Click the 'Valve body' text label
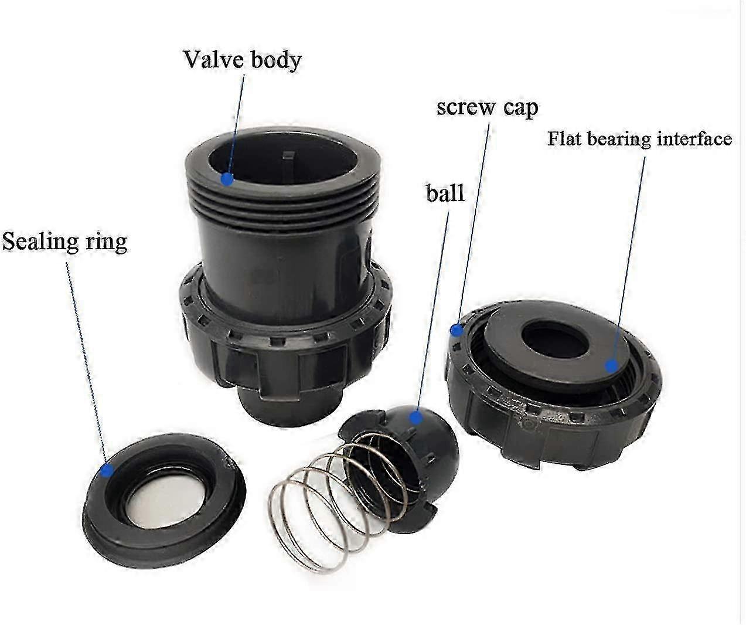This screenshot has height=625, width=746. click(242, 60)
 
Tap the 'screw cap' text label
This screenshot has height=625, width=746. click(487, 108)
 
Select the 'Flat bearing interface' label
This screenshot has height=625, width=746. click(639, 140)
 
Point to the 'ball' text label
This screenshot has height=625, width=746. click(445, 193)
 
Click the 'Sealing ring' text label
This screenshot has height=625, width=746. click(64, 242)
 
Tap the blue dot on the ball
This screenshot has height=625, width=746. click(416, 417)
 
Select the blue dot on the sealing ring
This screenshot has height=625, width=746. click(107, 469)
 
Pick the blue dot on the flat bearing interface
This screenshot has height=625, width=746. click(612, 366)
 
